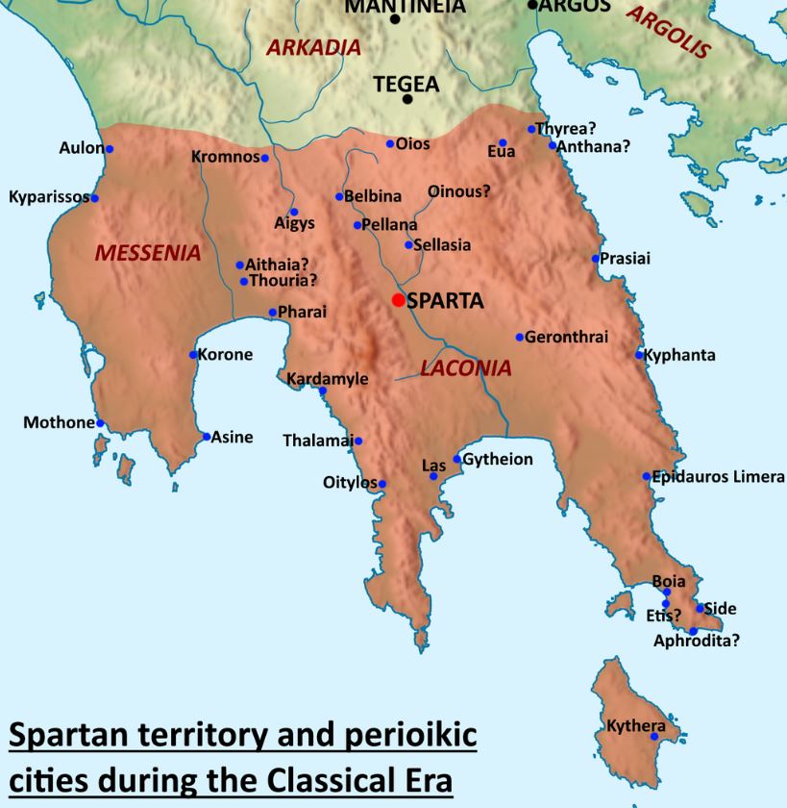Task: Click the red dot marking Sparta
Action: click(x=398, y=300)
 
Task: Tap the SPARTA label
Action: click(x=445, y=301)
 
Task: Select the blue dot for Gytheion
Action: click(x=457, y=459)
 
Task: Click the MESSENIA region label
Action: click(x=148, y=254)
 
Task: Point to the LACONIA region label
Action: click(x=466, y=368)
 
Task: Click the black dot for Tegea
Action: click(x=407, y=99)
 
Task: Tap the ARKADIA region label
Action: click(x=314, y=47)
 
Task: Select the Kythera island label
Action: click(x=635, y=725)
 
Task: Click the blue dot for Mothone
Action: click(x=100, y=422)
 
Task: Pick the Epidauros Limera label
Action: click(x=719, y=477)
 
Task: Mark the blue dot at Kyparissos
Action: click(x=94, y=198)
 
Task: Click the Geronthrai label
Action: click(x=567, y=337)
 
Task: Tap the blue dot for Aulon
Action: click(x=110, y=149)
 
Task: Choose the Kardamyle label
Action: click(x=328, y=379)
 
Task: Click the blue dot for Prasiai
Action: click(x=596, y=258)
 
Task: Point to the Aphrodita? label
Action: click(x=697, y=641)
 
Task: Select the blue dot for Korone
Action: click(x=193, y=355)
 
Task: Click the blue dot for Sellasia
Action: click(x=408, y=245)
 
